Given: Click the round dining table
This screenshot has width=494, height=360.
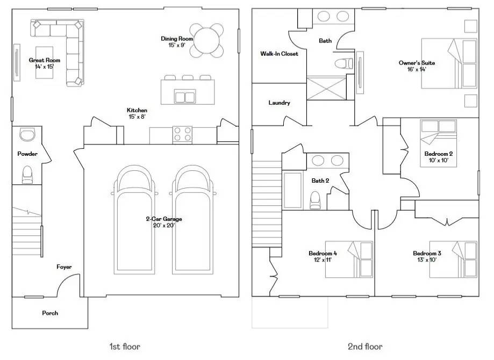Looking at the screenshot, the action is [206, 41].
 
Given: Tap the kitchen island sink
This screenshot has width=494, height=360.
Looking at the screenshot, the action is [185, 96].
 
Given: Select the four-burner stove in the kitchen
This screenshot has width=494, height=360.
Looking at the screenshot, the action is [182, 135].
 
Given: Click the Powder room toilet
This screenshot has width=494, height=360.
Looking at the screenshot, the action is [27, 175].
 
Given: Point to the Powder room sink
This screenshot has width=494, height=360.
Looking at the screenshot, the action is [27, 134].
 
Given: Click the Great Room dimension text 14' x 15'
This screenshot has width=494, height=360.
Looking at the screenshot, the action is [45, 67].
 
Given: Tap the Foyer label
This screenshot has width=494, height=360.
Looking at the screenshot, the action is [64, 267].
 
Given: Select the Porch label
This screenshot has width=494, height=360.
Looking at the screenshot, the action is [50, 313].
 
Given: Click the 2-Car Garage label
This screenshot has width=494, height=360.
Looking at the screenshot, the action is [164, 219].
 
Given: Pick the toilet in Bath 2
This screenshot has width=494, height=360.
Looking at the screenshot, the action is [315, 200].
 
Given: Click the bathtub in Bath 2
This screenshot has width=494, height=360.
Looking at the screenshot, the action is [292, 190].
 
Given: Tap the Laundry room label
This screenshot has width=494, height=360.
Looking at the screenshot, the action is [279, 103].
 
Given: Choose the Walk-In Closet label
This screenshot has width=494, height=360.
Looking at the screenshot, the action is [279, 54].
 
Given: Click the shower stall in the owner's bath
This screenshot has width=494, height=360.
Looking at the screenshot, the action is [327, 88].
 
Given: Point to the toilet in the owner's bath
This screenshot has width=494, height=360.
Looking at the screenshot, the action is [343, 63].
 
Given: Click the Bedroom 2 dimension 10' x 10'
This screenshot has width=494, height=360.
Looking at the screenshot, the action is [439, 160].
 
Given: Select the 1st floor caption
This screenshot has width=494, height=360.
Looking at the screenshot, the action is [125, 347].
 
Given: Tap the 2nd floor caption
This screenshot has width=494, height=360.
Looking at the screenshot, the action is [365, 347].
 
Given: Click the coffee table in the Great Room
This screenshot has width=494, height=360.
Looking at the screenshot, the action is [44, 63].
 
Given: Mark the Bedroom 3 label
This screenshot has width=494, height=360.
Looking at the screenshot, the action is [427, 253].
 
